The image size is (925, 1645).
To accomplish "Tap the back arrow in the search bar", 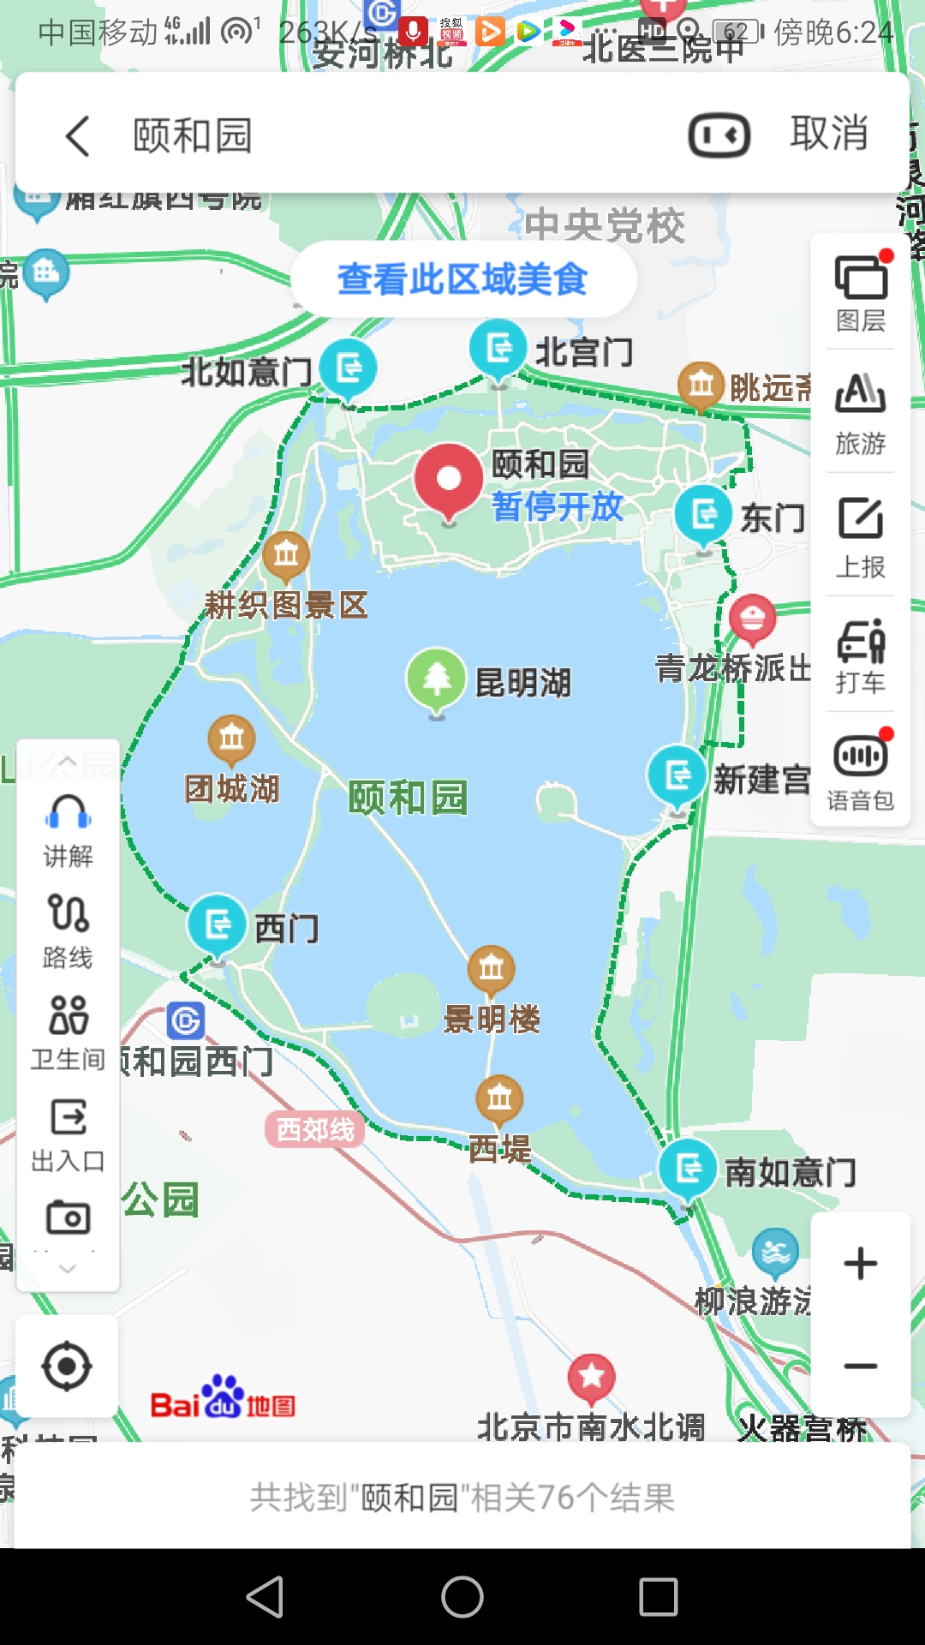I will click(78, 135).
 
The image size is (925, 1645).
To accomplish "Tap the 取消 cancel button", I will click(828, 134).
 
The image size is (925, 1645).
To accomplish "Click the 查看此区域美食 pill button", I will click(462, 279).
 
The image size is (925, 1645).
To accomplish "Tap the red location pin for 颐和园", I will click(448, 478).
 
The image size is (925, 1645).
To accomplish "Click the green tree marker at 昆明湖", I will click(436, 679).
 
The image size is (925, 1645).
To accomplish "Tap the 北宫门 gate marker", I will click(498, 348).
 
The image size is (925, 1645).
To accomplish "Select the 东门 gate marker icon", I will click(703, 514).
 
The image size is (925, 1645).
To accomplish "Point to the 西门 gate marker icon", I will click(217, 924).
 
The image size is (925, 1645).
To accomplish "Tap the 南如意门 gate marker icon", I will click(688, 1168).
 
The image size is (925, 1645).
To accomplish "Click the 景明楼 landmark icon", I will click(491, 969).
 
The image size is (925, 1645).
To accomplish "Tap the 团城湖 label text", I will click(232, 788).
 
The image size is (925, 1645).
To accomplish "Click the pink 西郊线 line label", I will click(315, 1130).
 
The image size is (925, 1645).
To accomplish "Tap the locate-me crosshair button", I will click(67, 1367).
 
